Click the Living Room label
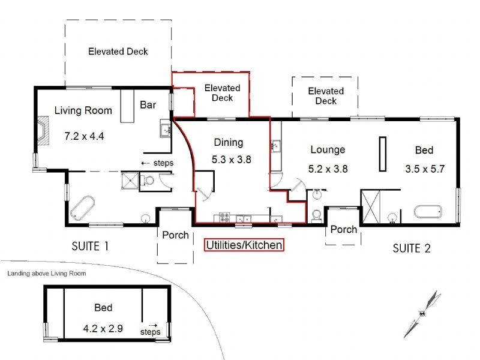click(83, 110)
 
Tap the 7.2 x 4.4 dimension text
click(84, 136)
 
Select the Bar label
click(148, 104)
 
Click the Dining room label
click(229, 142)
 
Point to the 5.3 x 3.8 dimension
click(232, 160)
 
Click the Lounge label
click(328, 149)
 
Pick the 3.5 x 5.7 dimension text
click(425, 169)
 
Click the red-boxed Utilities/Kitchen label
click(244, 245)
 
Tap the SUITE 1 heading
click(90, 246)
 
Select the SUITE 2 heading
click(412, 248)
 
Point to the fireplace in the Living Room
click(43, 130)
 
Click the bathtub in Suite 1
click(82, 208)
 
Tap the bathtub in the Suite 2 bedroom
click(428, 212)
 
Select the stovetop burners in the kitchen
click(224, 217)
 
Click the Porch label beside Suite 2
click(344, 229)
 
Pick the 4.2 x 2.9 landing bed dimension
click(103, 328)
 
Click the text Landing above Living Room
click(47, 274)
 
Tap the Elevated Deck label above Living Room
click(118, 52)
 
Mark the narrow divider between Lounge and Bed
click(382, 154)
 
